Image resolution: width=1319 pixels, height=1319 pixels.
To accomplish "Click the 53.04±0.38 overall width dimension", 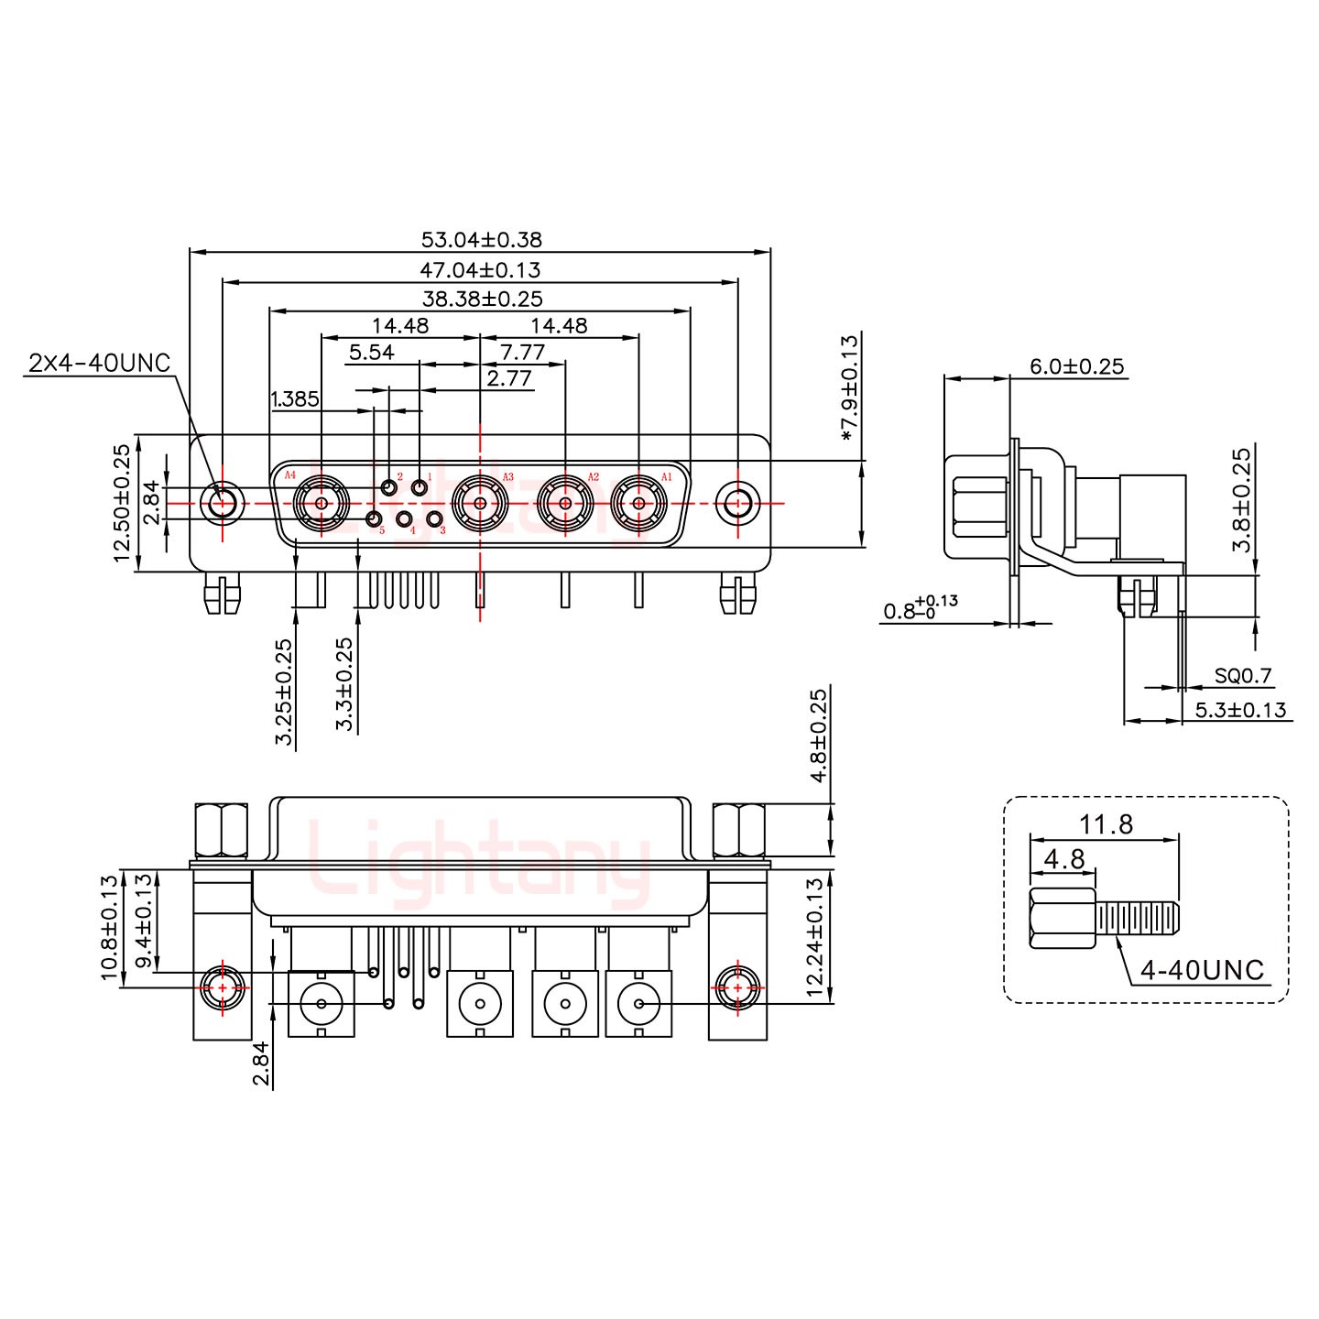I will pyautogui.click(x=481, y=240).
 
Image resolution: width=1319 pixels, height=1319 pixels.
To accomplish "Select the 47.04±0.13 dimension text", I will pyautogui.click(x=481, y=270).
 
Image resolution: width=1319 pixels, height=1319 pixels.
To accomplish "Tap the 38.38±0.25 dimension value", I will pyautogui.click(x=482, y=299).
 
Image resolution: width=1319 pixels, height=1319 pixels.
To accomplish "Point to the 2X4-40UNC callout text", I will pyautogui.click(x=100, y=364).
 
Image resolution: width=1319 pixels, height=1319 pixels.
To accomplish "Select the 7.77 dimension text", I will pyautogui.click(x=523, y=353).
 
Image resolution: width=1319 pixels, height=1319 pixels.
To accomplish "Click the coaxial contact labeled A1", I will pyautogui.click(x=638, y=503).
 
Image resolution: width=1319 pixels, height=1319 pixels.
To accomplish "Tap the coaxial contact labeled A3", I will pyautogui.click(x=480, y=503).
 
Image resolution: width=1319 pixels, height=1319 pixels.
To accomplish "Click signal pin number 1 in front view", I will pyautogui.click(x=420, y=487).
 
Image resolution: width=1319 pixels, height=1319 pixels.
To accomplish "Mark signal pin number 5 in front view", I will pyautogui.click(x=374, y=520).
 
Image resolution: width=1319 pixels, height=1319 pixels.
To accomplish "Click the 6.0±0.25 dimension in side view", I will pyautogui.click(x=1076, y=366).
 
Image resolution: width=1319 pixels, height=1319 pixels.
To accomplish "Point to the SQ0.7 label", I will pyautogui.click(x=1243, y=677).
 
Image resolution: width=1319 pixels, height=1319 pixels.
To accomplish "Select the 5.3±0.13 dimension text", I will pyautogui.click(x=1240, y=710).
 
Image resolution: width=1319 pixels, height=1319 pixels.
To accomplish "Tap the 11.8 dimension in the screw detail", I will pyautogui.click(x=1106, y=824).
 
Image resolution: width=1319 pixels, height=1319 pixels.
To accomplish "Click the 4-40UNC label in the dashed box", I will pyautogui.click(x=1202, y=970).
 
